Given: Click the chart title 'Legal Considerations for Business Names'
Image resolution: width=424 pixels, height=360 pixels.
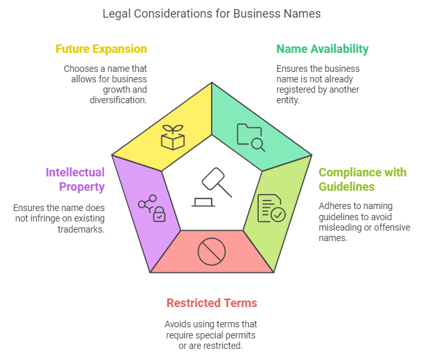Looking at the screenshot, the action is coord(212,14).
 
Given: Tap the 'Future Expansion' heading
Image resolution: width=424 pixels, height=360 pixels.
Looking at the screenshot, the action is coord(101,49).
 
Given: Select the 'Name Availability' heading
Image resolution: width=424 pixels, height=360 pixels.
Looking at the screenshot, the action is coord(322,49).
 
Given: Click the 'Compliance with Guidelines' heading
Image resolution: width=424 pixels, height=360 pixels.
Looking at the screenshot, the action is coord(362,179).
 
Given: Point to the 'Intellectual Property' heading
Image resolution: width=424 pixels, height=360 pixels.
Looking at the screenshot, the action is coord(74,179).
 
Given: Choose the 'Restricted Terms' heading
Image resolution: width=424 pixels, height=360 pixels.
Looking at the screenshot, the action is coord(212,303).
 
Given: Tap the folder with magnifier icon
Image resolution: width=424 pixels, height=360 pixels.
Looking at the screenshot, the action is coord(250,137).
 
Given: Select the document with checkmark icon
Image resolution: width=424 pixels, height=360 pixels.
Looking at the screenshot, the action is coord(270,208).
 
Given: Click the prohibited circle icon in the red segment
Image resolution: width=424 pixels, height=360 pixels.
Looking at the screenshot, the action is coord(211,252).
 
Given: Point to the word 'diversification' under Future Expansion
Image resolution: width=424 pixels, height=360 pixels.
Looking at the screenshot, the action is coord(118,100).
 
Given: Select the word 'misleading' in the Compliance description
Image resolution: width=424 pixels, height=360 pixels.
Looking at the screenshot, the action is coord(342,228).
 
